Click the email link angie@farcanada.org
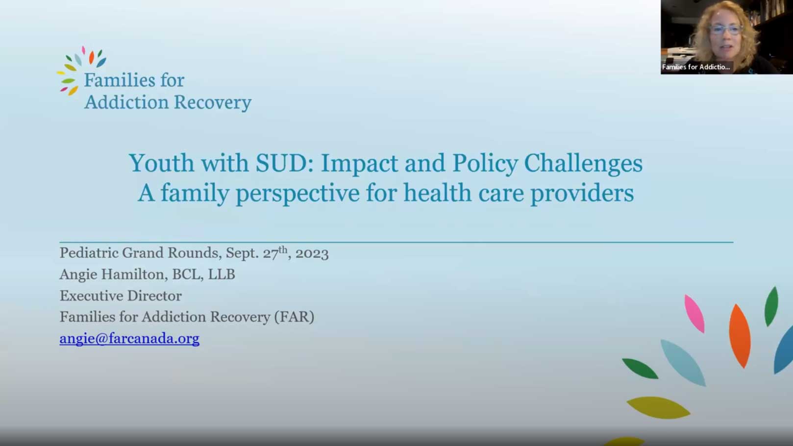pos(129,338)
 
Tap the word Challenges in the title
pos(583,164)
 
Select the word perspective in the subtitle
pos(297,194)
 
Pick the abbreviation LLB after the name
pos(221,274)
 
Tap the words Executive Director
pos(121,296)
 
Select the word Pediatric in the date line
pos(89,253)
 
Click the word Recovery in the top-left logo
pos(213,102)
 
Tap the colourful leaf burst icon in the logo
pos(81,71)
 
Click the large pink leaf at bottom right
pos(694,314)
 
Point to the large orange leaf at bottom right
pos(740,336)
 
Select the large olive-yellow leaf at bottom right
pos(658,407)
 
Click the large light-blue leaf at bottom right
pos(683,363)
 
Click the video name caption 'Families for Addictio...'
pos(696,67)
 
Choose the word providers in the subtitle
pos(582,194)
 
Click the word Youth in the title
pos(162,163)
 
